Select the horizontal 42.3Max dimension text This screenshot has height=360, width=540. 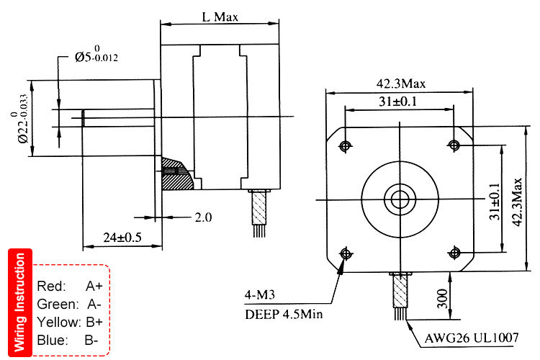pyautogui.click(x=400, y=83)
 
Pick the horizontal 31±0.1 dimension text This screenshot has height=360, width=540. pyautogui.click(x=400, y=102)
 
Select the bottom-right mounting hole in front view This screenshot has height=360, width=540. pyautogui.click(x=454, y=253)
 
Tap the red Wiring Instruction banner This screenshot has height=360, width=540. pyautogui.click(x=19, y=302)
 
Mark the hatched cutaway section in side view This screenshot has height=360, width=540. pyautogui.click(x=176, y=174)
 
